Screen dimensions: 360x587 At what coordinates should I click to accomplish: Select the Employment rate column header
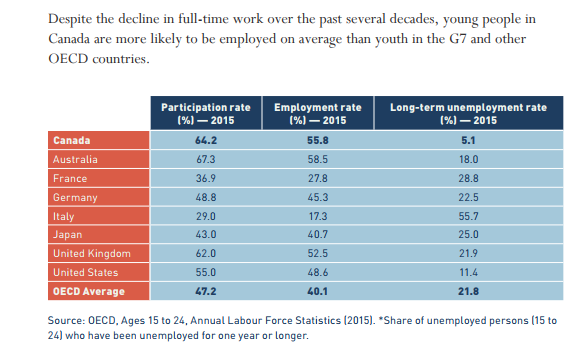[x=317, y=111]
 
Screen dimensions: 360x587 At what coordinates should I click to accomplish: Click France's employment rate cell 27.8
[x=317, y=179]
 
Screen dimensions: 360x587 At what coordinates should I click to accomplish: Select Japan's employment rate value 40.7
[x=317, y=235]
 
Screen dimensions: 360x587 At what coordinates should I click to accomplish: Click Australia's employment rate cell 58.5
[x=317, y=160]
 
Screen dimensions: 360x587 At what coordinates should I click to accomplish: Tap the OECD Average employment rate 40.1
[x=317, y=291]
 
